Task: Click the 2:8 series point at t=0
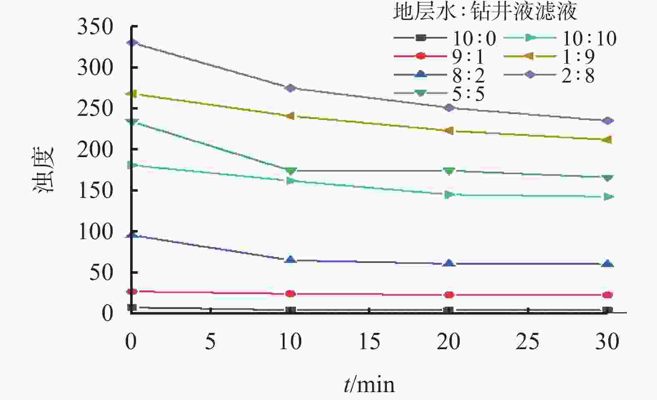point(132,42)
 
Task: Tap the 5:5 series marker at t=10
point(291,171)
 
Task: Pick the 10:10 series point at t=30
point(608,197)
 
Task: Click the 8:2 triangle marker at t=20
point(449,263)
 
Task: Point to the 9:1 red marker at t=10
point(291,294)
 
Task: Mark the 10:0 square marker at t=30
point(608,310)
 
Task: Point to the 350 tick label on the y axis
point(95,27)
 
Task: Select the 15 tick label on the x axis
point(370,342)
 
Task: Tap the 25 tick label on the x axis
point(528,342)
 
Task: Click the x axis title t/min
point(369,384)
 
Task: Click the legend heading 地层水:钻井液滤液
point(485,12)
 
